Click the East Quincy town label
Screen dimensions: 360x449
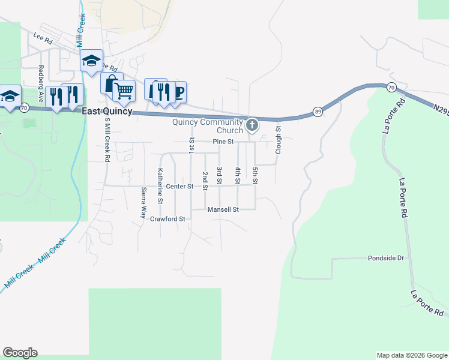pos(107,111)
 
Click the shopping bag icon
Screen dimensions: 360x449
pos(111,83)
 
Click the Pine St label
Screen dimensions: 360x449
pos(223,142)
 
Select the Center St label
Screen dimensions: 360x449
pos(180,187)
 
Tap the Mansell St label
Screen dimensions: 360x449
pos(223,209)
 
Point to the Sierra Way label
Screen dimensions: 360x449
pos(143,203)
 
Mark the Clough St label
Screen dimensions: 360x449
pos(278,139)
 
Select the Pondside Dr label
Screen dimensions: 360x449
pos(387,258)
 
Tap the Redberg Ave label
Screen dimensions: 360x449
pos(41,83)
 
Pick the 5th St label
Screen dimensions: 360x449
pos(255,175)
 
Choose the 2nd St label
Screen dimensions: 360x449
pos(205,181)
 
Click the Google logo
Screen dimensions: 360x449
pos(20,353)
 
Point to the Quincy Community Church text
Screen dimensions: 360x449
pos(208,126)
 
